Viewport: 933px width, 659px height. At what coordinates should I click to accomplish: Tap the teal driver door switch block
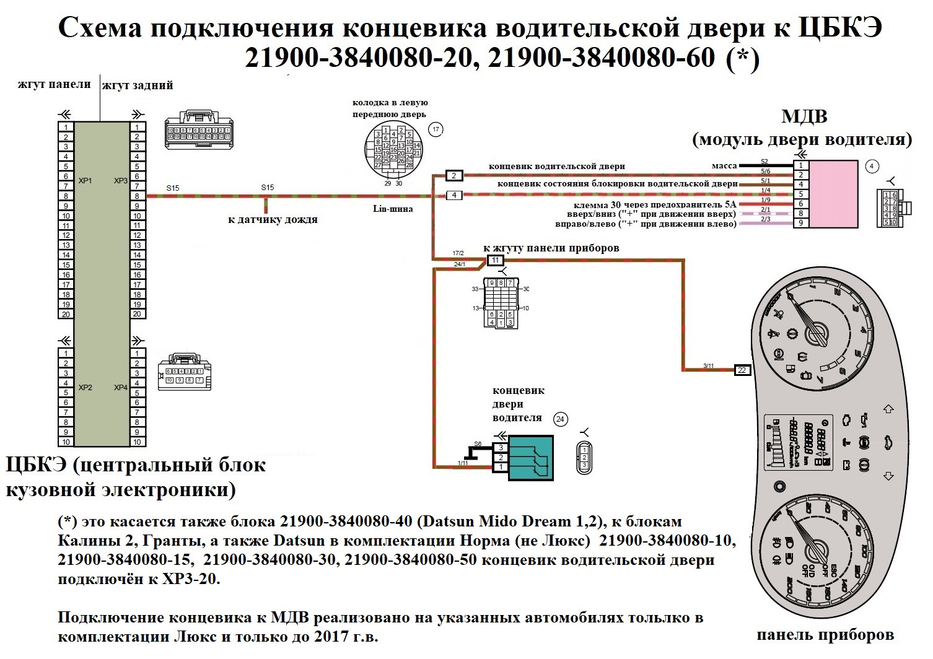(530, 457)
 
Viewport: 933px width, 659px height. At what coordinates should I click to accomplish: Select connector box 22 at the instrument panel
(742, 370)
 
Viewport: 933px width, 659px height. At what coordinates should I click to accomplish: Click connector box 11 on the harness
(495, 260)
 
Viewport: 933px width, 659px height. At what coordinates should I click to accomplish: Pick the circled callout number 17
(436, 129)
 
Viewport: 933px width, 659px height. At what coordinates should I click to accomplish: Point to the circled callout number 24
(560, 419)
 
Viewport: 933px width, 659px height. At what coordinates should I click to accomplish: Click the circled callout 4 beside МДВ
(872, 166)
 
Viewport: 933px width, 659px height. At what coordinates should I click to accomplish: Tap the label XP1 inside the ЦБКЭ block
(85, 181)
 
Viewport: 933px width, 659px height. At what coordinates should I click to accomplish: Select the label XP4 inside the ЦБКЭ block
(120, 388)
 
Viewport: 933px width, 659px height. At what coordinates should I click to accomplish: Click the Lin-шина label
(393, 209)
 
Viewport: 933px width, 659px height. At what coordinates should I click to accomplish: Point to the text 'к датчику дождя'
(273, 219)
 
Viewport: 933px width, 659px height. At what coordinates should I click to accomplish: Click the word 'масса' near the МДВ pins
(724, 165)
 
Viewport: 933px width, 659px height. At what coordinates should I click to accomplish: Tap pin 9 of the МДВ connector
(801, 223)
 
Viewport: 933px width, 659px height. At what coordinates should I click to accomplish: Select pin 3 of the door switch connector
(501, 448)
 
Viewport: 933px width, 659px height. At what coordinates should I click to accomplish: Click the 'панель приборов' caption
(825, 635)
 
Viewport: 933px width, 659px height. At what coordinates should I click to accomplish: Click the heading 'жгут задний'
(138, 85)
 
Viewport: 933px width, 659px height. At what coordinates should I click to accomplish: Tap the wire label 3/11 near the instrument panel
(709, 366)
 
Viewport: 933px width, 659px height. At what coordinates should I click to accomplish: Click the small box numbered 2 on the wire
(454, 176)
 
